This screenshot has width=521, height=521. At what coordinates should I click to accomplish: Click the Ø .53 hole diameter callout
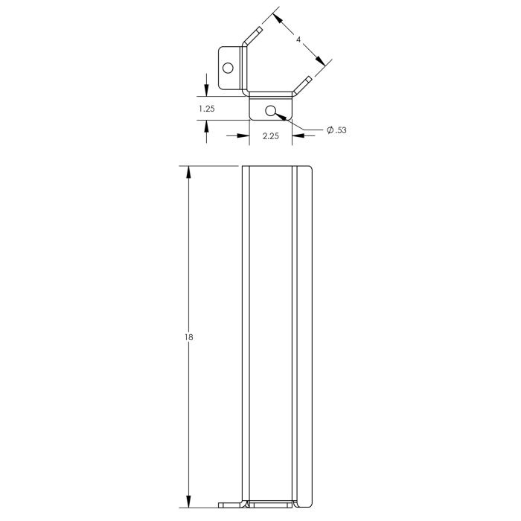click(336, 130)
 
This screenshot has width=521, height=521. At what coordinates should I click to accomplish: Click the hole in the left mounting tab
click(228, 68)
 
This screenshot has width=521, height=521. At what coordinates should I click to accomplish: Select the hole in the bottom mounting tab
click(271, 111)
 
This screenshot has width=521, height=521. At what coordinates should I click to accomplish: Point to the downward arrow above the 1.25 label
click(206, 91)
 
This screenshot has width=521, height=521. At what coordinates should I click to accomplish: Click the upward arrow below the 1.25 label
click(206, 126)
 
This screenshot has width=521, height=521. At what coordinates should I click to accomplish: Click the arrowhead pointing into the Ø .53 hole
click(278, 116)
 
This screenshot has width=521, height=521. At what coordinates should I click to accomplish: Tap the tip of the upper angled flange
click(258, 29)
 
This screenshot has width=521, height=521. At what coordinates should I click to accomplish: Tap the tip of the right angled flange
click(308, 77)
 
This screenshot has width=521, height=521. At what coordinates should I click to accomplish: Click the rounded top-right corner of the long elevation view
click(307, 169)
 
